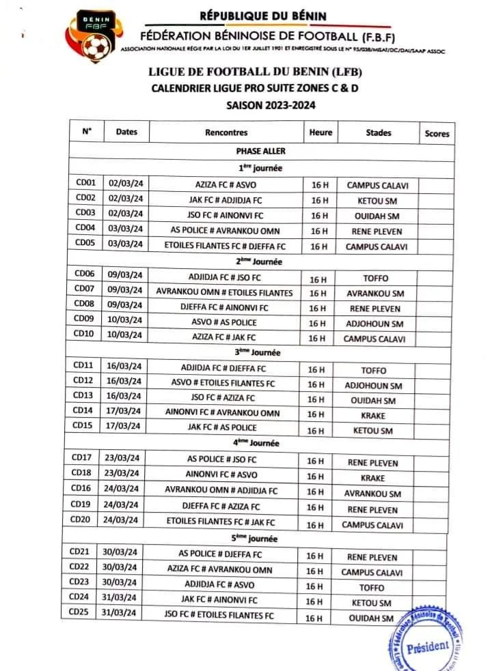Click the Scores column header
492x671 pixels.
(x=437, y=134)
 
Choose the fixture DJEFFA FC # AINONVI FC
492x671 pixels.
(x=225, y=308)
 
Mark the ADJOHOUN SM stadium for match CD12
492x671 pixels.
(x=374, y=385)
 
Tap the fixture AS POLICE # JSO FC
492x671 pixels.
(x=223, y=460)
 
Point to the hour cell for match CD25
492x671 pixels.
(x=315, y=618)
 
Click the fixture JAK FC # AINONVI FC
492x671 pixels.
(x=223, y=601)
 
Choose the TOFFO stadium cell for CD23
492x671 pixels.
(x=372, y=587)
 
